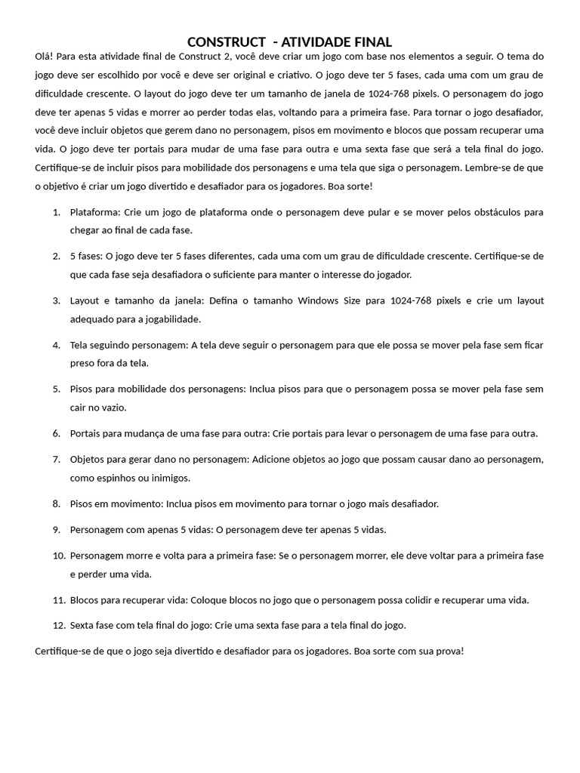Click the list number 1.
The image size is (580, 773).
click(57, 212)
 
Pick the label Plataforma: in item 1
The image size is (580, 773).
click(94, 212)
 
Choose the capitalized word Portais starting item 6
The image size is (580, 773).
click(86, 433)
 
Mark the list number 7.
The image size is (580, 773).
click(57, 459)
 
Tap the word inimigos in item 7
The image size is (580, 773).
click(168, 477)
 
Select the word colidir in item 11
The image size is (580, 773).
click(390, 600)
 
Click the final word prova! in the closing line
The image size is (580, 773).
click(449, 650)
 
